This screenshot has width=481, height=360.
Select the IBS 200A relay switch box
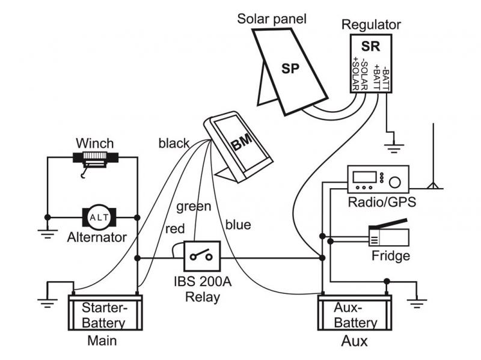point(201,257)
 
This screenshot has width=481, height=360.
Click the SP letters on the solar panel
point(290,68)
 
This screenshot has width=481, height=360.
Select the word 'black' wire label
point(174,144)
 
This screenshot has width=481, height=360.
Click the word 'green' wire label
point(194,207)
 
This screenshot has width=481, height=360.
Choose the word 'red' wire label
point(174,229)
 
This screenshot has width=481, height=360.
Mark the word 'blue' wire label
point(237,225)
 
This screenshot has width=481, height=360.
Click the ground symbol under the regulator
point(394,147)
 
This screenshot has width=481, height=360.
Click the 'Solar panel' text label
point(271,19)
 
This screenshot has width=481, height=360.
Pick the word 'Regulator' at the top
point(370,25)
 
